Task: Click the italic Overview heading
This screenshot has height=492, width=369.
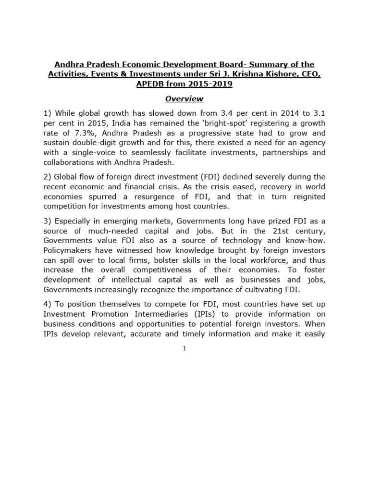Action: pyautogui.click(x=184, y=99)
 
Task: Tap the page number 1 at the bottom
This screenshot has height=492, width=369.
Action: pyautogui.click(x=184, y=348)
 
